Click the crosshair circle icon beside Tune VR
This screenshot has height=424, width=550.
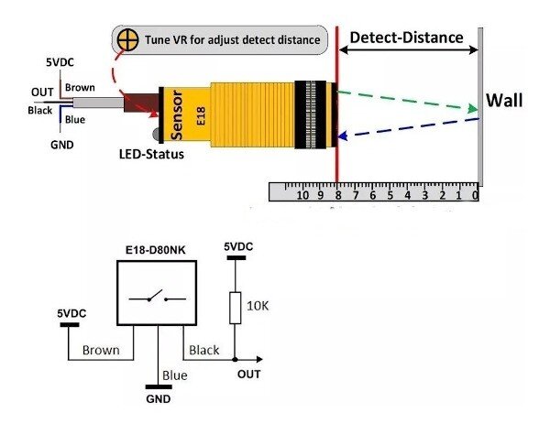126,41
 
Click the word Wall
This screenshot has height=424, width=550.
505,100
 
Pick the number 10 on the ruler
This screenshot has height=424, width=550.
302,194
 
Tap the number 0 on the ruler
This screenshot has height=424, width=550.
474,194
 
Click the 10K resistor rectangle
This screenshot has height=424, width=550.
235,307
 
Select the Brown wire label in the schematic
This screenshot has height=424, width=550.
101,350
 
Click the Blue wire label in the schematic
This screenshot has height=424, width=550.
173,375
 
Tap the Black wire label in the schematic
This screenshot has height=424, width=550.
203,350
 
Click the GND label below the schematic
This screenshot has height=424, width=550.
159,399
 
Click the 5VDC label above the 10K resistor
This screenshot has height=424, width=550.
236,247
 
